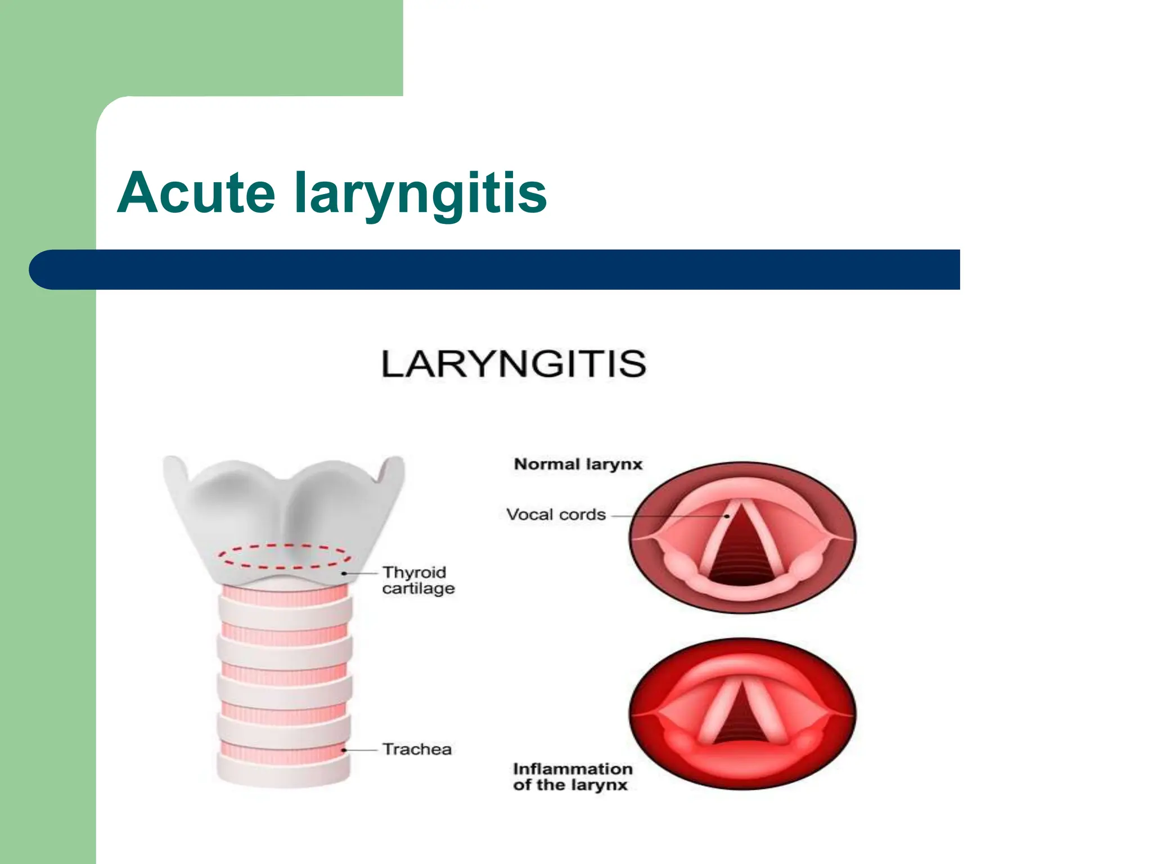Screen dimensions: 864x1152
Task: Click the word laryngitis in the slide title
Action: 421,194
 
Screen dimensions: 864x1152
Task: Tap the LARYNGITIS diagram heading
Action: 514,364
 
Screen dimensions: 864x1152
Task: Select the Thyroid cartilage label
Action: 418,580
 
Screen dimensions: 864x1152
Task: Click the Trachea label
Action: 417,749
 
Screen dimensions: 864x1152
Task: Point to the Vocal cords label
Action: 556,515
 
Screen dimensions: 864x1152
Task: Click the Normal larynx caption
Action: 578,465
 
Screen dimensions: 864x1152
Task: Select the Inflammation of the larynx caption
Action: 572,777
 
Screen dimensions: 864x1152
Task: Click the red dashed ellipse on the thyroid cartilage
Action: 285,546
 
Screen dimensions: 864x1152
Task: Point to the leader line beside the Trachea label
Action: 361,750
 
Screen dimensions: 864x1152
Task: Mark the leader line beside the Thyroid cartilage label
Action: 361,573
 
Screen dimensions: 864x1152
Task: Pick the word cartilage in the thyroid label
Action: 418,588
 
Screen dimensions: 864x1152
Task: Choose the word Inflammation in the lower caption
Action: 573,769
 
